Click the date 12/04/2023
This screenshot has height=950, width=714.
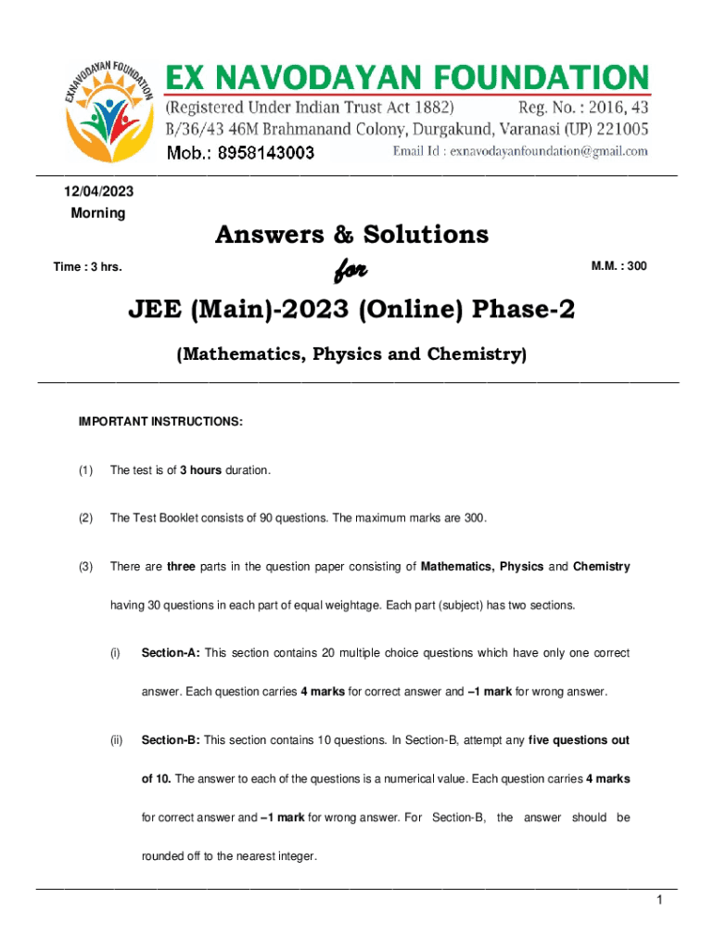98,191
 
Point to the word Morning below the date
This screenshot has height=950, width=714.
98,213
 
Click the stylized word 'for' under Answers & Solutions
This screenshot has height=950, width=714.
351,270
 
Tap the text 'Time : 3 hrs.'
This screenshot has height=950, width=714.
88,267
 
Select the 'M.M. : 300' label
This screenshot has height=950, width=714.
619,267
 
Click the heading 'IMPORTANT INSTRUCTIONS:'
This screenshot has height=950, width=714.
161,422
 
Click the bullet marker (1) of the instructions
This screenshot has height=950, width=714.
86,470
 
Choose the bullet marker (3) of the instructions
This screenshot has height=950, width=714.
86,566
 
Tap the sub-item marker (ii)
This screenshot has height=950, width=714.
117,740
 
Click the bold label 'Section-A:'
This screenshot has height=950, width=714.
170,653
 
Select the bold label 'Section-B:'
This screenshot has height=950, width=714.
170,740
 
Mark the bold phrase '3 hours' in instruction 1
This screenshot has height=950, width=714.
201,470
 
